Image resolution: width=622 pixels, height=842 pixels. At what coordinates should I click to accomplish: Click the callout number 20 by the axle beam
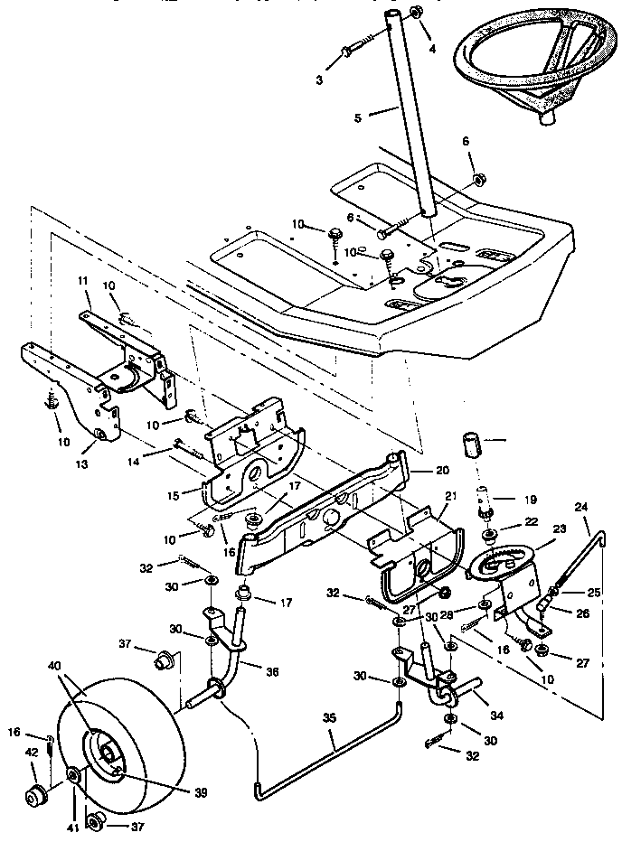pos(441,471)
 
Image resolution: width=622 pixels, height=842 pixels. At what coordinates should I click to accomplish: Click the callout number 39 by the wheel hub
pos(200,792)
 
